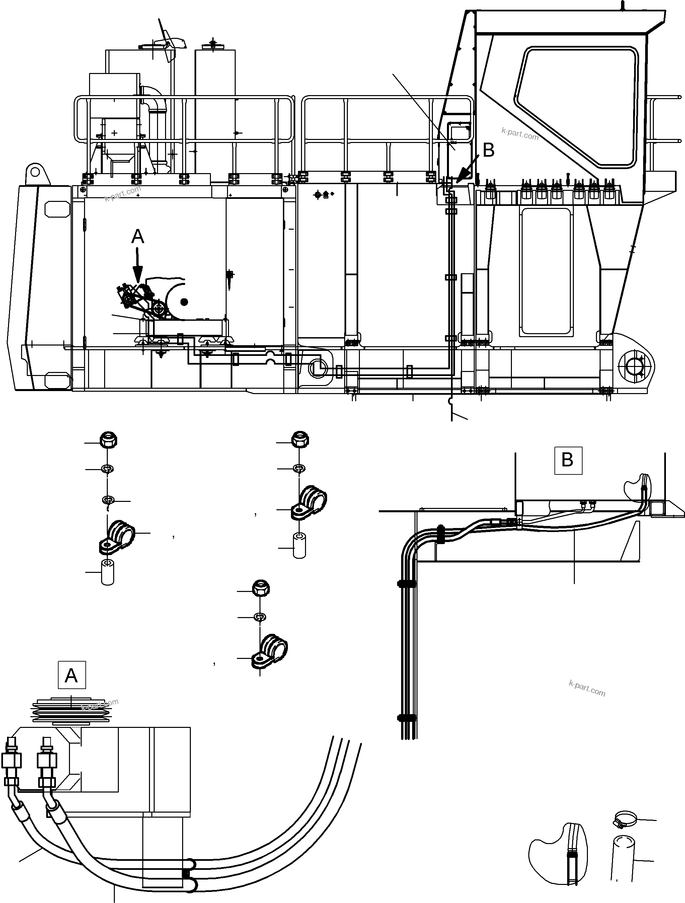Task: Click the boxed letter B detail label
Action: [x=567, y=460]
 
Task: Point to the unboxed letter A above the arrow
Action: [x=138, y=236]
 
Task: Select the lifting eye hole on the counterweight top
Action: [x=35, y=172]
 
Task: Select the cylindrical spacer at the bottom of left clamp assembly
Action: [x=107, y=573]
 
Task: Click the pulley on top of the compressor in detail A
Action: [x=71, y=711]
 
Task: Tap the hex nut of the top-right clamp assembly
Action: [x=300, y=440]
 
